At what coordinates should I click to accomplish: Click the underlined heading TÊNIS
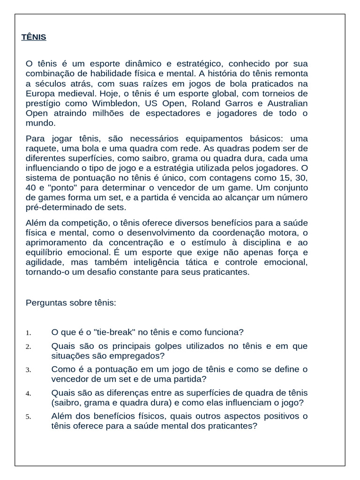[x=34, y=37]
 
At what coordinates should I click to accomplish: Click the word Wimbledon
[x=116, y=103]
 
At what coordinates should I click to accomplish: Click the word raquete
[x=40, y=148]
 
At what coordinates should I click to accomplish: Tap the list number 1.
[x=29, y=333]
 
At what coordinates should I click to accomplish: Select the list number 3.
[x=29, y=370]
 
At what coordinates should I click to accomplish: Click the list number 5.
[x=29, y=417]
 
